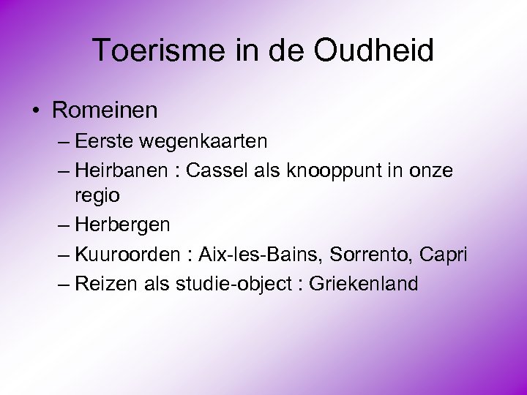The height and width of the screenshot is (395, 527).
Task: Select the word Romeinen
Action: point(105,110)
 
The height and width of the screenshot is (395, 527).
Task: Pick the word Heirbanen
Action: point(122,170)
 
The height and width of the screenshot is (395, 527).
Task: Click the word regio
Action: point(97,197)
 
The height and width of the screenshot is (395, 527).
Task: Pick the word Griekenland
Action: point(365,283)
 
